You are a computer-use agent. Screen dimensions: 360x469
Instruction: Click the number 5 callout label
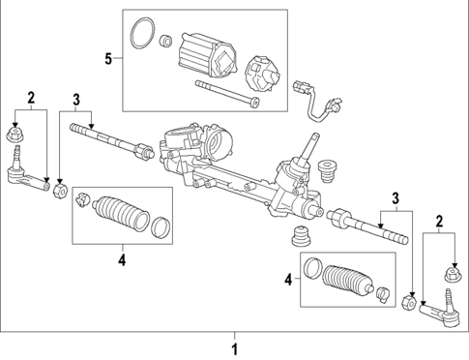tap(108, 59)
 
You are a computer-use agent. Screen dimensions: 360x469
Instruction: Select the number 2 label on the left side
tap(32, 98)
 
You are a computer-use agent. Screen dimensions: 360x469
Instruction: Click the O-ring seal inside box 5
tap(143, 32)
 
